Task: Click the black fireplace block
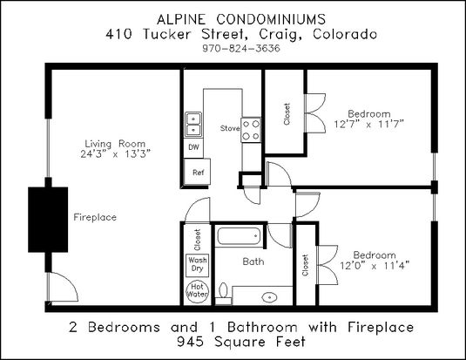(48, 220)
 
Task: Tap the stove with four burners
(251, 130)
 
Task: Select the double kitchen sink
(193, 125)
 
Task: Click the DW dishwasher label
(193, 147)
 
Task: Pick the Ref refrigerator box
(197, 172)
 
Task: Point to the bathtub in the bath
(239, 236)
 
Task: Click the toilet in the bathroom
(223, 294)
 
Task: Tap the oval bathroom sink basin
(269, 297)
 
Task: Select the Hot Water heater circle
(197, 291)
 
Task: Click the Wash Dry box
(197, 265)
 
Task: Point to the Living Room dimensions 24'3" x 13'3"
(116, 154)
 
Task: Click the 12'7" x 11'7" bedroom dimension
(368, 124)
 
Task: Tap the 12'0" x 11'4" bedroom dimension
(375, 265)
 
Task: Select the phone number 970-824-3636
(241, 48)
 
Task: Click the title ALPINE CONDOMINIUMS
(241, 20)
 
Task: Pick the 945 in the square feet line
(190, 342)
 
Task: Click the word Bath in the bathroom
(253, 262)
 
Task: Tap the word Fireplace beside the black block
(95, 217)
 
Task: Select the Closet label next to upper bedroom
(287, 114)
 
